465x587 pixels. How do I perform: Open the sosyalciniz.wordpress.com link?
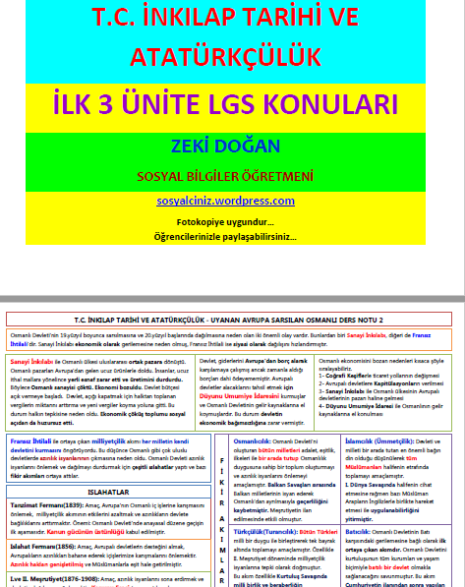pos(232,201)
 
